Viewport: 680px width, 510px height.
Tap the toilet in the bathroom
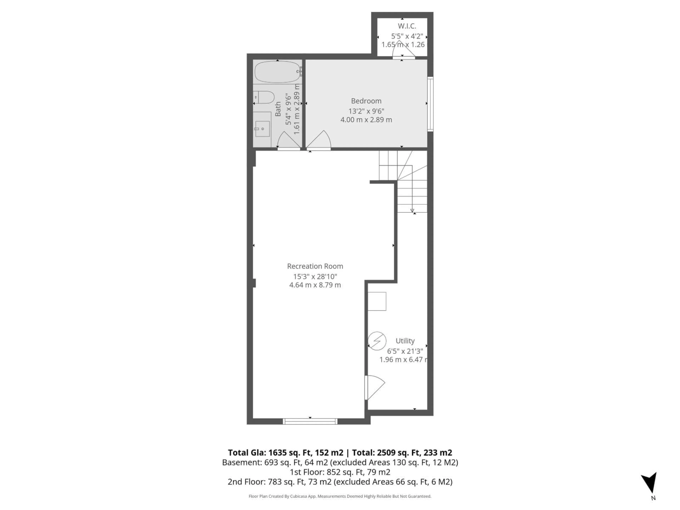tap(265, 97)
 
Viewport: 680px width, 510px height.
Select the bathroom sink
tap(262, 129)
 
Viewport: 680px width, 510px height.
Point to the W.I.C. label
tap(407, 26)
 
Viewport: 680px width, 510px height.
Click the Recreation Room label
tap(315, 266)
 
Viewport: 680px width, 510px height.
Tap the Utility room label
tap(405, 341)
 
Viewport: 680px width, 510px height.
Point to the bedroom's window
tap(430, 104)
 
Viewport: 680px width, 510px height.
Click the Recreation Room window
tap(310, 421)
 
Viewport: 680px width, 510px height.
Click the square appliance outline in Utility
tap(377, 301)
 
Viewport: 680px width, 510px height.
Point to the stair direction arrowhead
tap(412, 211)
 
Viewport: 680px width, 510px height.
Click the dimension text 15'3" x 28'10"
tap(315, 276)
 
